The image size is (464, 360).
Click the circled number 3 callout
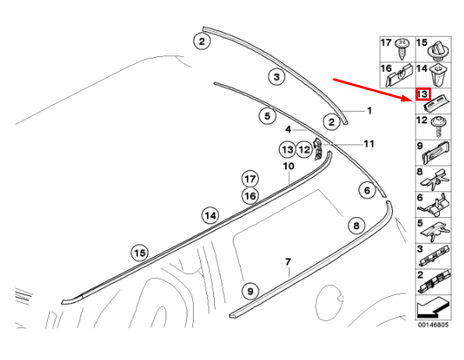(x=277, y=77)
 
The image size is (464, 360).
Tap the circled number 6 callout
(x=367, y=191)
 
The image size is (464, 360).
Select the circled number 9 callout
(x=250, y=291)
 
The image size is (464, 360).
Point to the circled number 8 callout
(x=356, y=226)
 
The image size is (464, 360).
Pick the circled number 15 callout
(x=140, y=253)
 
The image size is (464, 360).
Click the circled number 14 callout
(x=210, y=216)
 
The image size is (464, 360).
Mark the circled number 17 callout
(x=250, y=179)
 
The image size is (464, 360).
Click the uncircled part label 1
(x=369, y=111)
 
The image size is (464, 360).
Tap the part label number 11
(x=369, y=144)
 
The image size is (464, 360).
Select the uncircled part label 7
(x=288, y=262)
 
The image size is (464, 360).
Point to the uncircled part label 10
(x=288, y=166)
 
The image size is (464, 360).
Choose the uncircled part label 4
(x=288, y=130)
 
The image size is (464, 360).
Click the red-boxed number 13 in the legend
(x=423, y=94)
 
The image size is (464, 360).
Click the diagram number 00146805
(x=433, y=325)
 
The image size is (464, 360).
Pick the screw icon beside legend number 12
(x=437, y=127)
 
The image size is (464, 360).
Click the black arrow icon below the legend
(x=433, y=308)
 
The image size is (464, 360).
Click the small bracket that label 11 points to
(x=318, y=150)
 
